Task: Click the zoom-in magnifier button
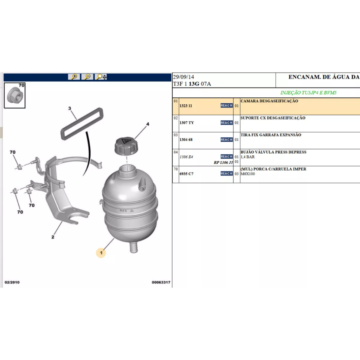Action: tap(74, 77)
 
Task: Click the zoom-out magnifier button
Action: tap(88, 77)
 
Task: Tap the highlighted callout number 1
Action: tap(101, 253)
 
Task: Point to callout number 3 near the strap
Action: tap(70, 108)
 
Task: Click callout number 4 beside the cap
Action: tap(148, 124)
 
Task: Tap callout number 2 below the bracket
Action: tap(53, 237)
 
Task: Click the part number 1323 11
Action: tap(186, 106)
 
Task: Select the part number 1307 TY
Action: tap(187, 123)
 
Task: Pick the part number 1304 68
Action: tap(186, 140)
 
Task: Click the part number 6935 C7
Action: tap(186, 174)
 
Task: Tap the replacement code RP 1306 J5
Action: tap(223, 162)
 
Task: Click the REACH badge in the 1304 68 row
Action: tap(227, 140)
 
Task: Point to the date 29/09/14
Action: tap(184, 77)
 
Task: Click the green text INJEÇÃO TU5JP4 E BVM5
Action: tap(308, 92)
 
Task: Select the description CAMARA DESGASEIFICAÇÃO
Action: tap(269, 101)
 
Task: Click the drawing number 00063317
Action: tap(161, 282)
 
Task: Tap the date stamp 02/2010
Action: tap(12, 282)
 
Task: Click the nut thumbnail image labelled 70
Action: tap(15, 95)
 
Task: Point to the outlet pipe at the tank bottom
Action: tap(134, 247)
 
